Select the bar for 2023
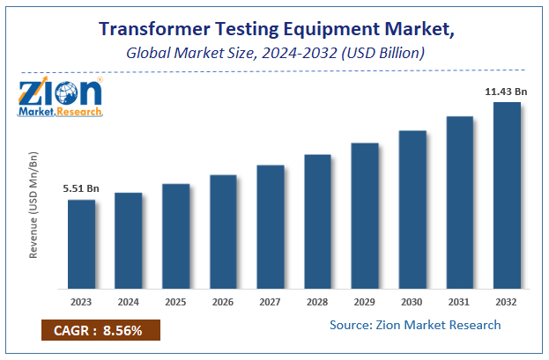tap(81, 244)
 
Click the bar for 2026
tap(223, 231)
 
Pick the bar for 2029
tap(365, 216)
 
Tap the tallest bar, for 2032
tap(507, 195)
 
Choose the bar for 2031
tap(459, 202)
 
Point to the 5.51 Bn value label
tap(80, 188)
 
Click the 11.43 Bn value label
tap(505, 91)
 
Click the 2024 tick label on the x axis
tap(129, 302)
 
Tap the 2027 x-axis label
tap(271, 302)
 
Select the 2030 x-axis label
tap(412, 302)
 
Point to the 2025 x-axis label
tap(175, 302)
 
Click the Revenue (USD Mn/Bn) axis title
tap(34, 204)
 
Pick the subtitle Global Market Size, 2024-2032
tap(273, 53)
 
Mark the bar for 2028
tap(317, 222)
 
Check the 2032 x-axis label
tap(507, 302)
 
